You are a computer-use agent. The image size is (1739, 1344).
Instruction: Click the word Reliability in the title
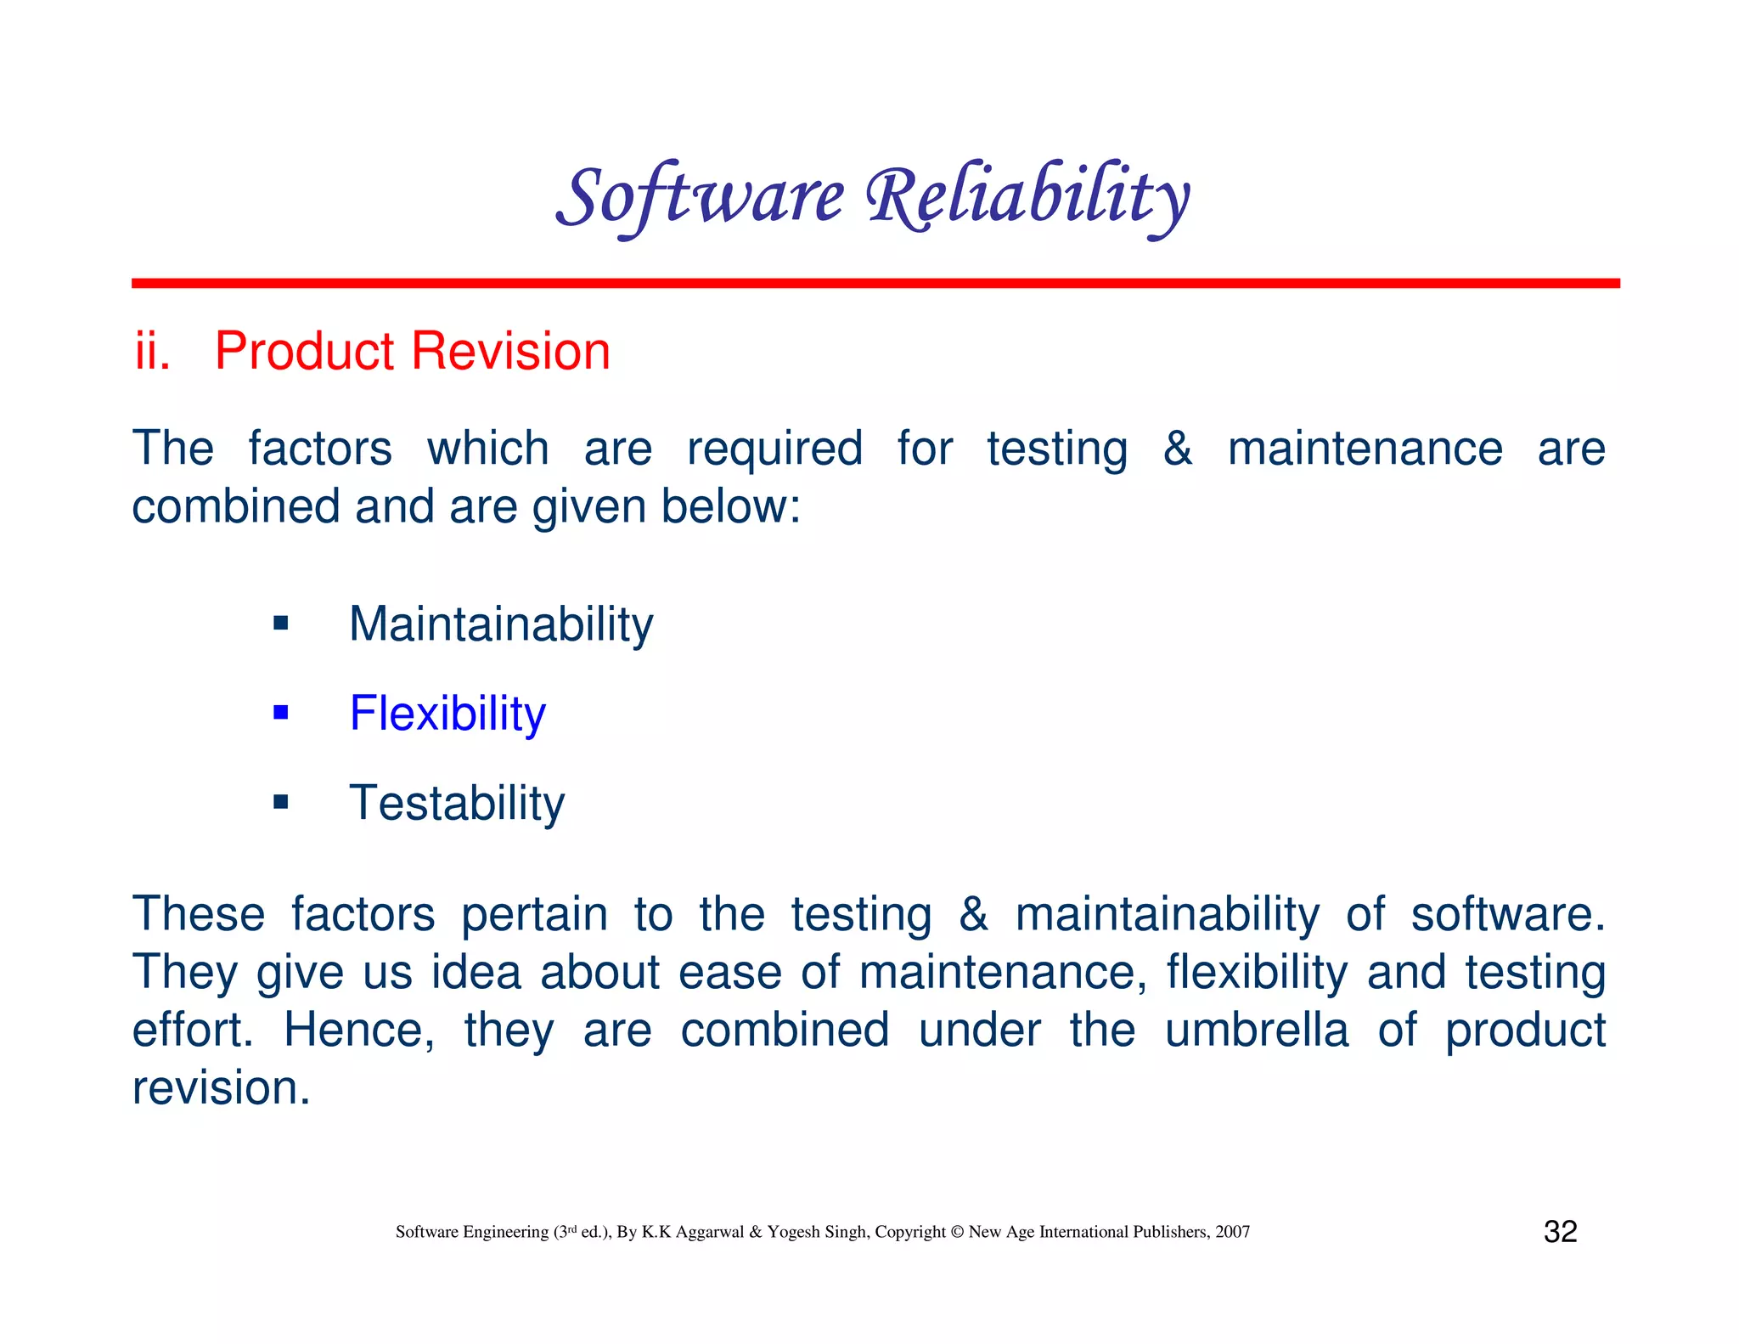pyautogui.click(x=1027, y=197)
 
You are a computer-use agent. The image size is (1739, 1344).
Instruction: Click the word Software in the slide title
pyautogui.click(x=700, y=197)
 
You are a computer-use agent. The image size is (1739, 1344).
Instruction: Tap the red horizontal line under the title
pyautogui.click(x=875, y=283)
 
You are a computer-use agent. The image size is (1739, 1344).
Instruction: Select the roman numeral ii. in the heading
pyautogui.click(x=153, y=351)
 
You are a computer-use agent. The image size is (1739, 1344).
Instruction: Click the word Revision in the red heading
pyautogui.click(x=512, y=351)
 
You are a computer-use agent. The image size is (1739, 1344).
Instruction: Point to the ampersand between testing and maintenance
pyautogui.click(x=1177, y=448)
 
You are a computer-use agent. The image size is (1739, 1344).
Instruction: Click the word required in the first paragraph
pyautogui.click(x=774, y=449)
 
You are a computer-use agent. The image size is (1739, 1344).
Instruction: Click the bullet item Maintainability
pyautogui.click(x=501, y=624)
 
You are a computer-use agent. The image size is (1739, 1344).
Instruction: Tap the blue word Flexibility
pyautogui.click(x=447, y=714)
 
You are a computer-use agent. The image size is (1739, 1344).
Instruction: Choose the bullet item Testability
pyautogui.click(x=457, y=803)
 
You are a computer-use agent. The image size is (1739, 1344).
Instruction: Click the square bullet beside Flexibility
pyautogui.click(x=281, y=712)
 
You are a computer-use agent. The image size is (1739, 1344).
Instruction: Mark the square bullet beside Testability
pyautogui.click(x=281, y=801)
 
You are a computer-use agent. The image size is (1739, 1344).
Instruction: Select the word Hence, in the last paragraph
pyautogui.click(x=358, y=1030)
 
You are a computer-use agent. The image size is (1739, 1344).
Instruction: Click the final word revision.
pyautogui.click(x=221, y=1087)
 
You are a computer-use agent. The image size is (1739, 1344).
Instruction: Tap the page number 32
pyautogui.click(x=1560, y=1231)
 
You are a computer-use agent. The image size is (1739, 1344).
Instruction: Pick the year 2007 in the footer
pyautogui.click(x=1232, y=1232)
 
